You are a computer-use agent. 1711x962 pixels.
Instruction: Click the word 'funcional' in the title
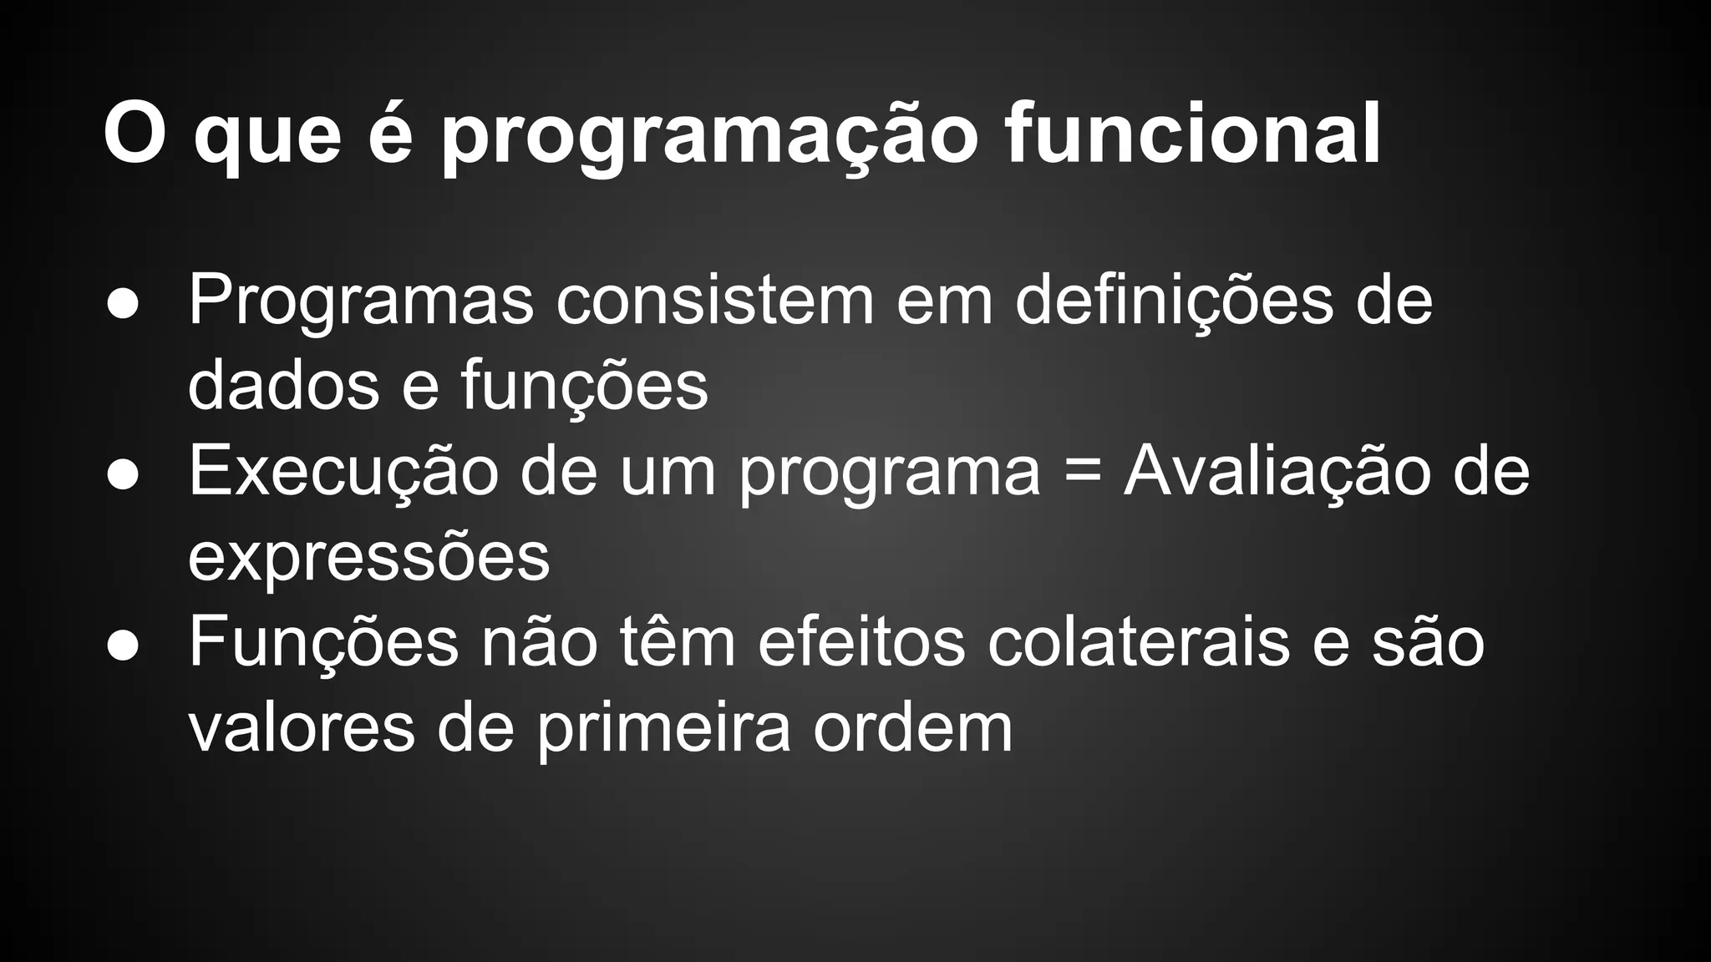[x=1192, y=134]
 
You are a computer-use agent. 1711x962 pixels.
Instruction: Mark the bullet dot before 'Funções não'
[x=123, y=646]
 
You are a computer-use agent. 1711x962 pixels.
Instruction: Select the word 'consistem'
[x=714, y=301]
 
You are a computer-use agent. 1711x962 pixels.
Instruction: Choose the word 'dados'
[x=283, y=386]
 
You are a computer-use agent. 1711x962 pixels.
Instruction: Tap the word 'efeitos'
[x=861, y=643]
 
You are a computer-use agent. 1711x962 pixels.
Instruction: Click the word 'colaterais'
[x=1139, y=643]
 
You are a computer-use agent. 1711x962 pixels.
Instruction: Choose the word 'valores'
[x=302, y=728]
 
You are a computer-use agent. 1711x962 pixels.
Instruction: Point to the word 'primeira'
[x=663, y=728]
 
